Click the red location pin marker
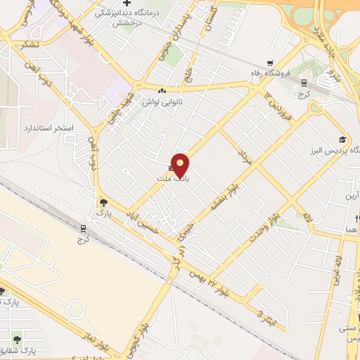click(x=181, y=165)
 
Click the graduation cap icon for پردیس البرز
click(x=342, y=139)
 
